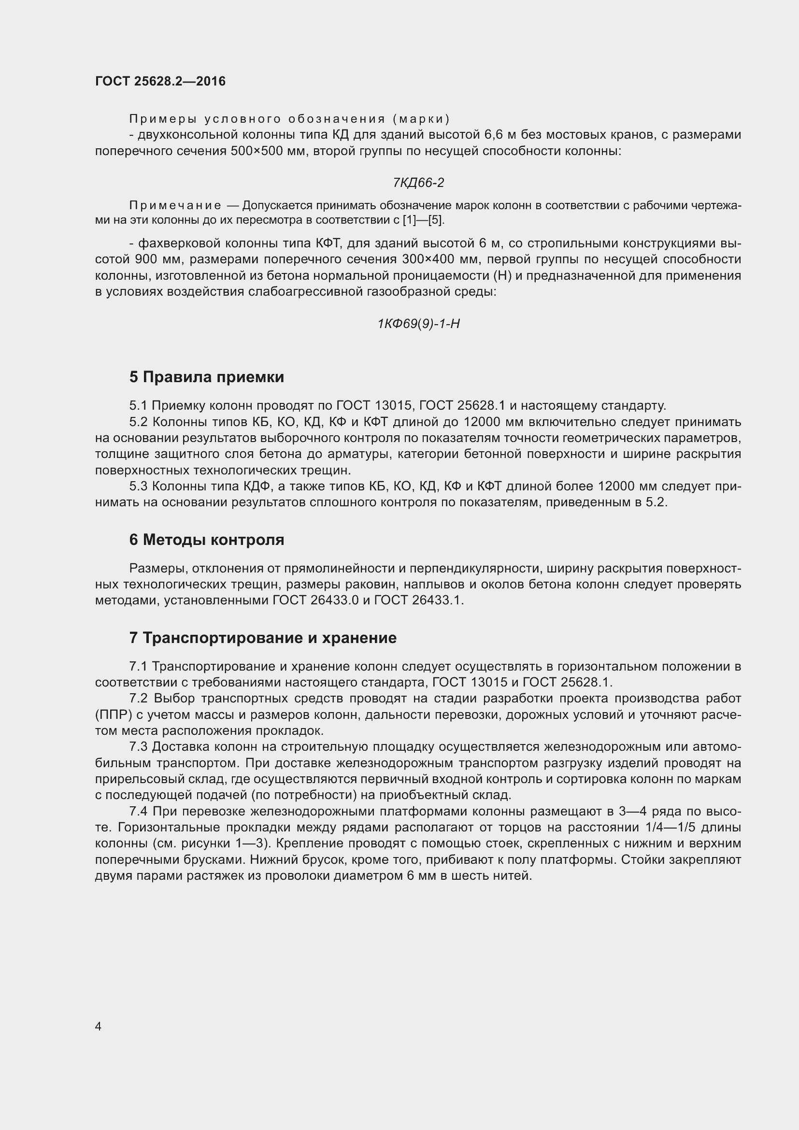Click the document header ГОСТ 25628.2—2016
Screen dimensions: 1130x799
[160, 81]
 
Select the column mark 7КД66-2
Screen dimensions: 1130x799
[418, 183]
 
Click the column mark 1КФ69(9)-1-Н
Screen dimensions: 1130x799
[418, 324]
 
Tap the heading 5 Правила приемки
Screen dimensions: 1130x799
[207, 377]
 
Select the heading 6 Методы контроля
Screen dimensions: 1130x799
[207, 540]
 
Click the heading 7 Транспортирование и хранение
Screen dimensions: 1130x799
[263, 638]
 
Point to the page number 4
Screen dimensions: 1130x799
[98, 1026]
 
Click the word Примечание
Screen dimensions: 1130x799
[175, 205]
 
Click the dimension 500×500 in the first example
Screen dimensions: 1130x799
[256, 151]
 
